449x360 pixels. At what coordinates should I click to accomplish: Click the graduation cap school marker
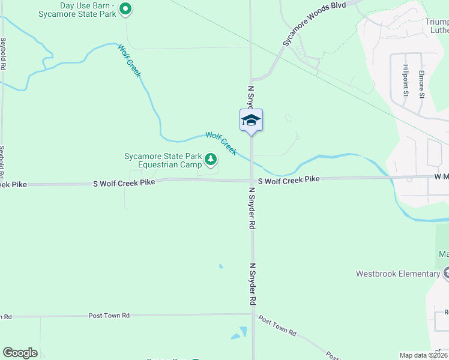[251, 119]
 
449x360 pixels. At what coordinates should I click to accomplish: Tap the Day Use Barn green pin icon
[125, 8]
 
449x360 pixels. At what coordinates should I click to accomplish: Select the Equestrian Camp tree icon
[210, 159]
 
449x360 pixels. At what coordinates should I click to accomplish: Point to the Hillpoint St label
[406, 80]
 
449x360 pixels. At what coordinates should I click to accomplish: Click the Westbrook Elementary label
[397, 274]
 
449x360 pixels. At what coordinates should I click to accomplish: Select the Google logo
[20, 353]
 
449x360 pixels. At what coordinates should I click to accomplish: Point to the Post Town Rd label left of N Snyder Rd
[109, 315]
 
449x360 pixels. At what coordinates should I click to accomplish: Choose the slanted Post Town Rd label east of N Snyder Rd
[277, 325]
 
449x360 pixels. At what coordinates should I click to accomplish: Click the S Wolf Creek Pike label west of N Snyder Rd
[124, 182]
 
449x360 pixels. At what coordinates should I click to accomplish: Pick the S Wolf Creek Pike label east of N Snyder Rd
[289, 179]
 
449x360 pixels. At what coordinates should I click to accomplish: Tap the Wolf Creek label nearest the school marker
[221, 143]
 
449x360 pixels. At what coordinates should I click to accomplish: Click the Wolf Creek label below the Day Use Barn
[129, 61]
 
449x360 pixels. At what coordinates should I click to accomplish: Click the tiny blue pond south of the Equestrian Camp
[221, 266]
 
